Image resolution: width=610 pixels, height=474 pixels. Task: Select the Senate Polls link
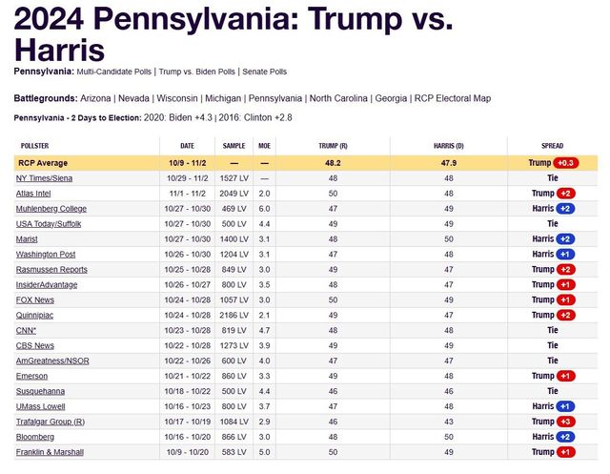pos(262,72)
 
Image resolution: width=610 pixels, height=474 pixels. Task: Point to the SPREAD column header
pos(553,146)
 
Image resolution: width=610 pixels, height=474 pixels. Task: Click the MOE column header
pos(264,146)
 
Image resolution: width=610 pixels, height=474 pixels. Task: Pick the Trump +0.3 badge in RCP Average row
pos(568,163)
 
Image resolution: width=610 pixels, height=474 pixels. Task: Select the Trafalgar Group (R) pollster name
pos(50,421)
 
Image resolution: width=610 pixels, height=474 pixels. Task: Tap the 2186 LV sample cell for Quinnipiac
pos(234,315)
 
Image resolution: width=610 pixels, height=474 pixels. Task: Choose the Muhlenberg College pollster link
pos(51,209)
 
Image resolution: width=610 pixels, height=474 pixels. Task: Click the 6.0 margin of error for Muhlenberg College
pos(264,209)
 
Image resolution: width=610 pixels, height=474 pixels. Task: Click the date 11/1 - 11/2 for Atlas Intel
pos(188,194)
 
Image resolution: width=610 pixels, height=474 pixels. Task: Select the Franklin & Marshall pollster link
pos(51,451)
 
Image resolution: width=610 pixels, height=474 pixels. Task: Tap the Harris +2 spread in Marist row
pos(553,239)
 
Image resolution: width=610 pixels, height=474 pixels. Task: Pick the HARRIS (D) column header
pos(448,146)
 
